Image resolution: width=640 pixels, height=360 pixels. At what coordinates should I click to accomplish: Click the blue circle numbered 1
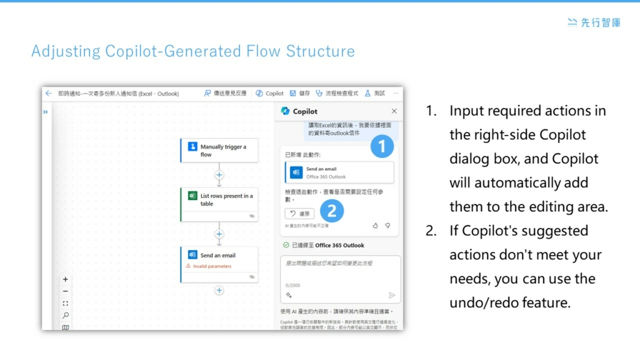click(x=382, y=147)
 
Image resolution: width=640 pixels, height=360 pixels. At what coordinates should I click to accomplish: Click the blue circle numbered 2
click(x=332, y=211)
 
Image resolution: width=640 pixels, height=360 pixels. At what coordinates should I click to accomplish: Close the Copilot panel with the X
click(x=394, y=111)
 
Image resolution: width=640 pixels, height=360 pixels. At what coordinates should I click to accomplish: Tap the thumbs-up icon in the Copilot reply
click(x=376, y=225)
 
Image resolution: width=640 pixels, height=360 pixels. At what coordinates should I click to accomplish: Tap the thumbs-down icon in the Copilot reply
click(x=387, y=225)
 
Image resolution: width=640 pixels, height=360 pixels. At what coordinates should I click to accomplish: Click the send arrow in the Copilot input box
click(x=392, y=295)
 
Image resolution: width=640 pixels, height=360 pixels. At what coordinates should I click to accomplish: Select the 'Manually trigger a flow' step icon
click(x=192, y=147)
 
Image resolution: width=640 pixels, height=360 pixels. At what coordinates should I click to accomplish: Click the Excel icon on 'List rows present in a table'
click(x=192, y=196)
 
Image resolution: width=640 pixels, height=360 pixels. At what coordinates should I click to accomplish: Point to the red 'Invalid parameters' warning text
click(x=212, y=266)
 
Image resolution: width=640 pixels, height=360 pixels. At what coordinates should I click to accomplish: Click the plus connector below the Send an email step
click(x=219, y=290)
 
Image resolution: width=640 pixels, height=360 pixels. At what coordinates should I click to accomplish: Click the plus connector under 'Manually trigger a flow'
click(x=219, y=175)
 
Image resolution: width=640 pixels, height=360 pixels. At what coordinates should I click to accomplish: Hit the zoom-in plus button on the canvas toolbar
click(x=66, y=279)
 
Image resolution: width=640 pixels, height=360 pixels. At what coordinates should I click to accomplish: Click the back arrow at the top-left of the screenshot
click(x=49, y=93)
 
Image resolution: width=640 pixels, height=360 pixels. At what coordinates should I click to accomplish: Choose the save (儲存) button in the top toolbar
click(x=301, y=93)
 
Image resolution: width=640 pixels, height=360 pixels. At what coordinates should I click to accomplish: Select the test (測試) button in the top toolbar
click(x=375, y=93)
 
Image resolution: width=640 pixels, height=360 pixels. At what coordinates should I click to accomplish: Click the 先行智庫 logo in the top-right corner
click(x=594, y=22)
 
